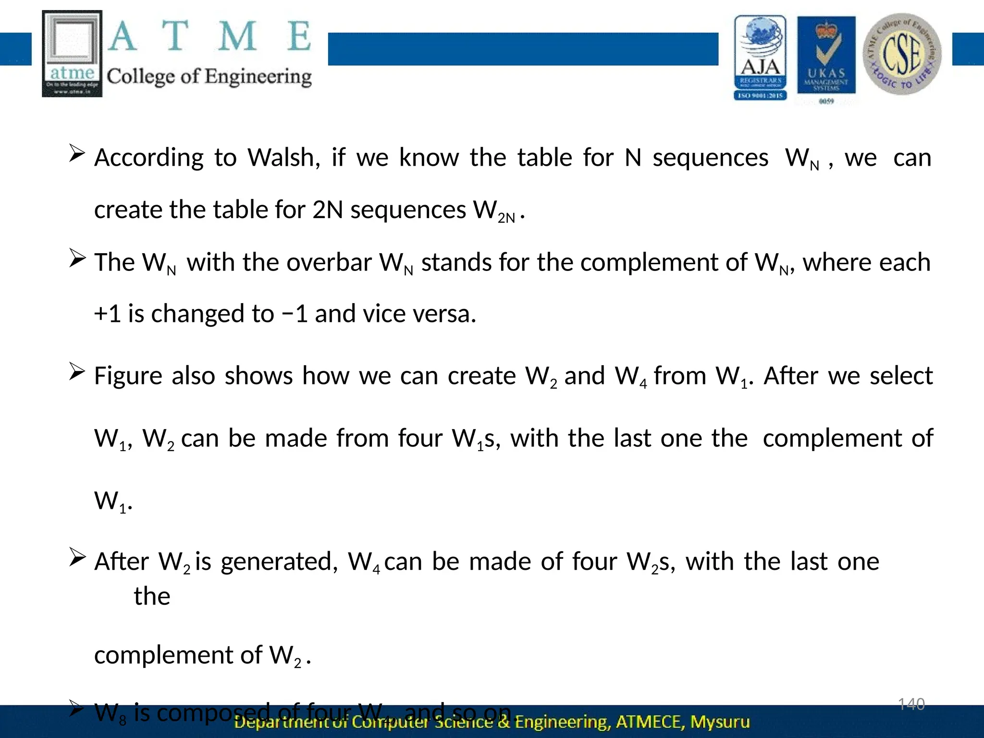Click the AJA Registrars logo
[760, 58]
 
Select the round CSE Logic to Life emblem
[902, 54]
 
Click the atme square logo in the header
[72, 53]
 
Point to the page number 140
[911, 704]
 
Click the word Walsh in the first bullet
[283, 158]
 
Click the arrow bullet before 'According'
[77, 154]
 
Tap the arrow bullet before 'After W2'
[77, 557]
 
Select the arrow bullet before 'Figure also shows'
[77, 371]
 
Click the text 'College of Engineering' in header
[209, 76]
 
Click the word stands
[456, 262]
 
